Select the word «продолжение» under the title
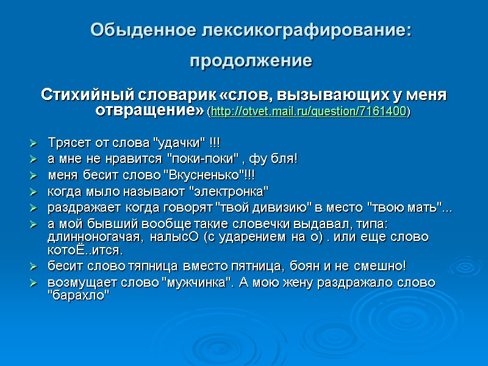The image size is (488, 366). (x=251, y=62)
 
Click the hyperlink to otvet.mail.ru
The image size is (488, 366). (x=309, y=112)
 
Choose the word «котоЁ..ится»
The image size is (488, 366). (x=84, y=250)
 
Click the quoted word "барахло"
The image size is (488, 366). (x=78, y=296)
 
